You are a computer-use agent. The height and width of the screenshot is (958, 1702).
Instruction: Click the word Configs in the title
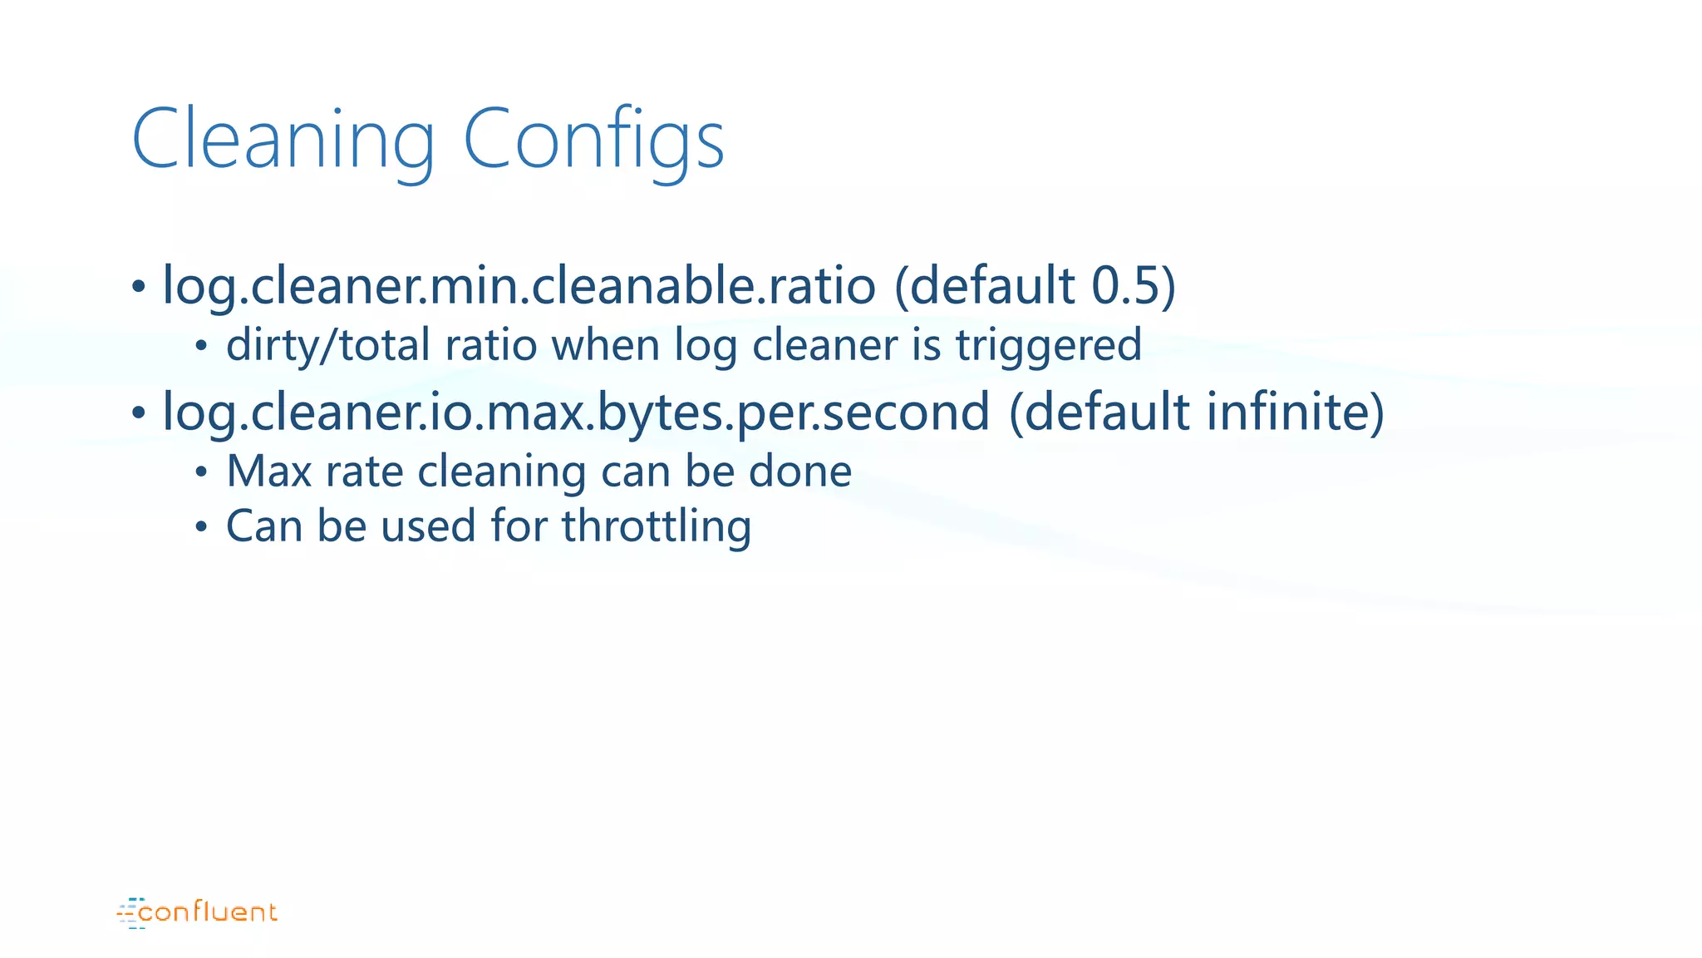(x=593, y=140)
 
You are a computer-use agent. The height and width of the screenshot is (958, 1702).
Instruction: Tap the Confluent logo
(x=197, y=912)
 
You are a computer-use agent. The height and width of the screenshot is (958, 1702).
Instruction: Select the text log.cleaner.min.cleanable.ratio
(x=519, y=285)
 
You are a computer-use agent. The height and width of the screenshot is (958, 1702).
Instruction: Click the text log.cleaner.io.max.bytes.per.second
(x=575, y=412)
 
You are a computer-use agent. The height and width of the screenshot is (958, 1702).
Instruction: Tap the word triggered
(x=1049, y=345)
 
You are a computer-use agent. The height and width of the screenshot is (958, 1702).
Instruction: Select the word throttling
(x=657, y=526)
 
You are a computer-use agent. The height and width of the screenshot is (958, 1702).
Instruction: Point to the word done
(x=800, y=472)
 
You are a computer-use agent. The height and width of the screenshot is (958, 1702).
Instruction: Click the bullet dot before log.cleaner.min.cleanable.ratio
(x=139, y=288)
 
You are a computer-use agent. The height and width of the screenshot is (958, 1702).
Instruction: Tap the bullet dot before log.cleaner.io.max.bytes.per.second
(x=139, y=413)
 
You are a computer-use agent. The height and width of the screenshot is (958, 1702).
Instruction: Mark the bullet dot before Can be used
(x=201, y=527)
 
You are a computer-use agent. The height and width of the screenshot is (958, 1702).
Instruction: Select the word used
(x=428, y=526)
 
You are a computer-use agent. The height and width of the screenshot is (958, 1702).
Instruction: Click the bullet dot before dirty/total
(x=201, y=347)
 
